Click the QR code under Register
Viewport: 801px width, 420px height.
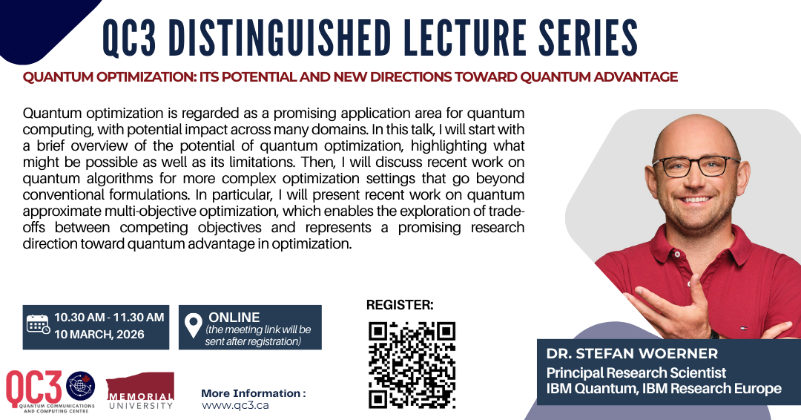412,365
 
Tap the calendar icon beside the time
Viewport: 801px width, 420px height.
38,324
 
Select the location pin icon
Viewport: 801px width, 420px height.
193,326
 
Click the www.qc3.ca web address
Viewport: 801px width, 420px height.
235,406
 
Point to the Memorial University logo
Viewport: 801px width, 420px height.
140,391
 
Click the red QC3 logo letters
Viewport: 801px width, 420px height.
33,388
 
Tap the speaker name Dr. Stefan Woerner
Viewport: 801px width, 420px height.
632,353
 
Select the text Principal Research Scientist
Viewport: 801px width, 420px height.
636,373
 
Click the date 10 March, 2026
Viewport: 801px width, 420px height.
99,335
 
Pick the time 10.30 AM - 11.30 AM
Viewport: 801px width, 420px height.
109,318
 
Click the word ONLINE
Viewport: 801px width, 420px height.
234,318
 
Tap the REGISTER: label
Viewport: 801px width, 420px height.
400,305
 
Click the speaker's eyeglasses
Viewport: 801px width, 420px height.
696,166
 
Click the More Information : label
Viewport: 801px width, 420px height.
254,393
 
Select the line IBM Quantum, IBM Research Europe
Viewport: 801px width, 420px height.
664,389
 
